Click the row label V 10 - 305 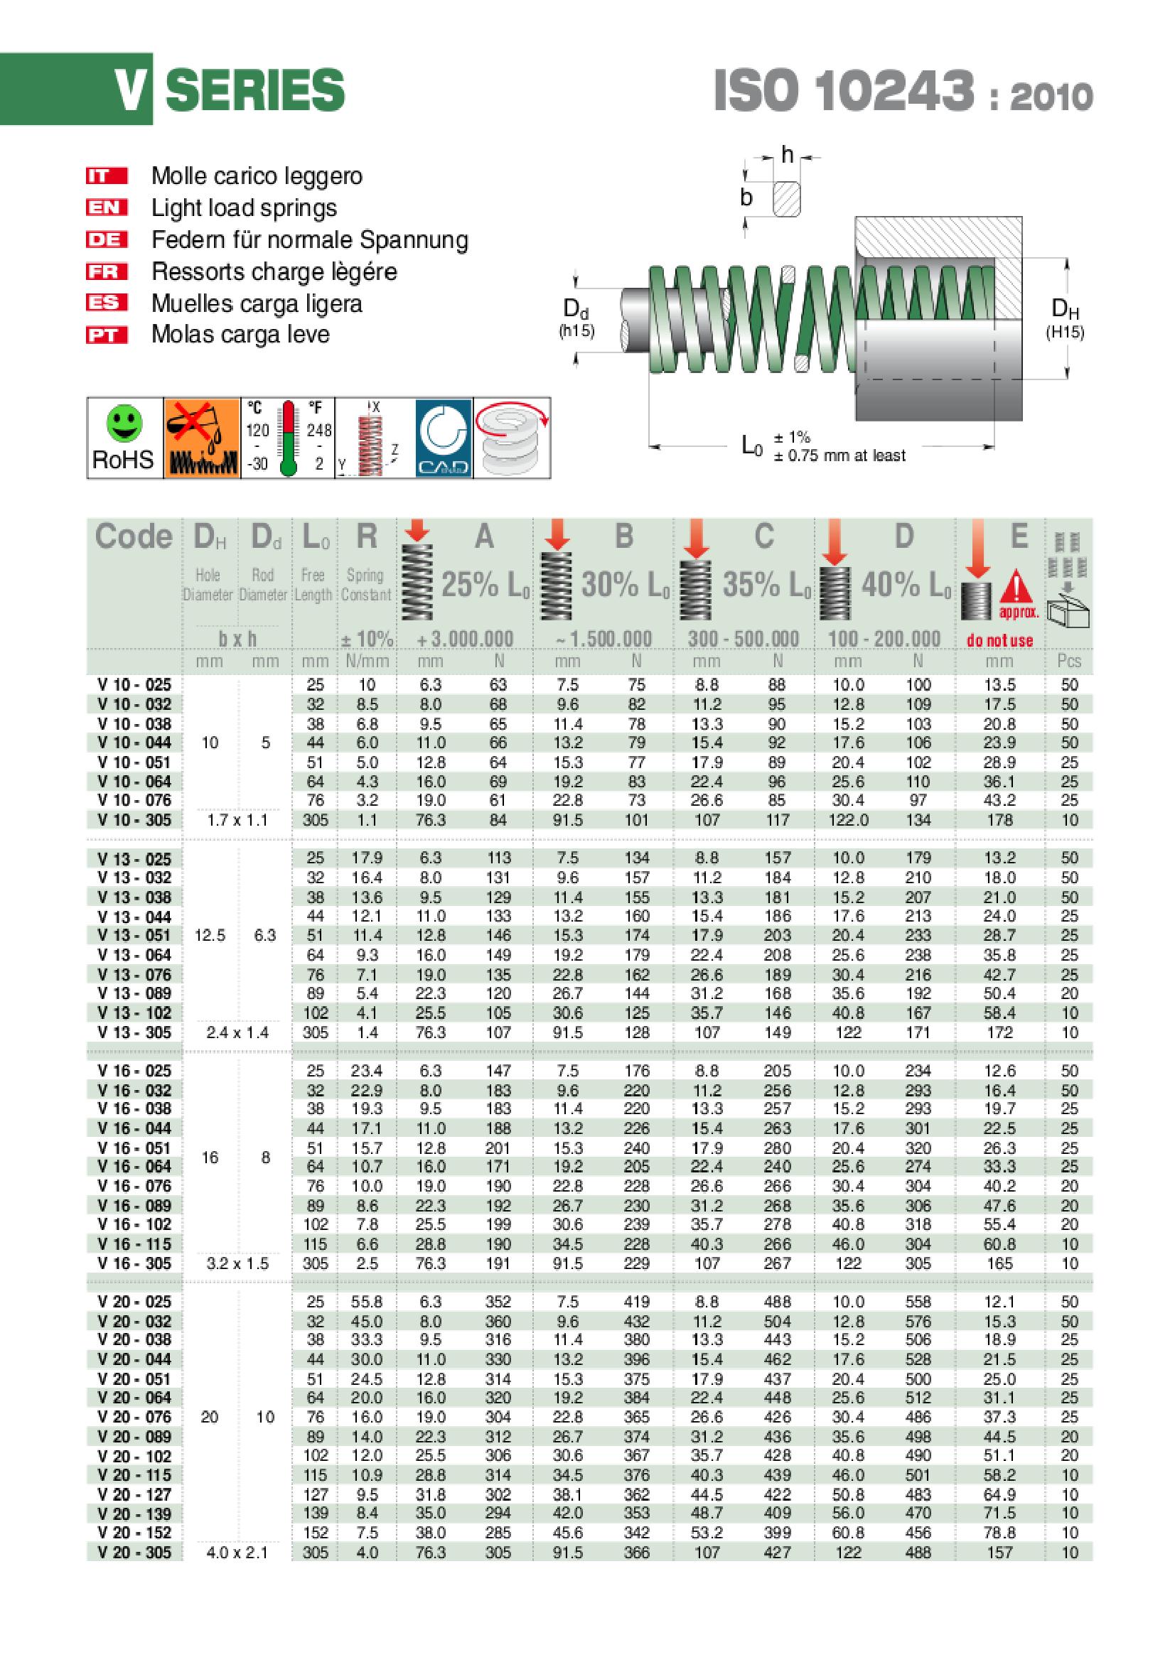134,820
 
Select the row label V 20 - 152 134,1533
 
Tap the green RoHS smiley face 123,424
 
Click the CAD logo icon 444,438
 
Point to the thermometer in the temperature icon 289,438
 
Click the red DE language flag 107,239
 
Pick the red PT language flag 107,335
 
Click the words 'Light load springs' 244,208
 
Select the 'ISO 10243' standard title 844,92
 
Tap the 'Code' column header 134,537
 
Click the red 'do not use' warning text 1000,641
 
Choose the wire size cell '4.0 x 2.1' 237,1552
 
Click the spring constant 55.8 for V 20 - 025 367,1302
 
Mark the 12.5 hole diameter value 210,935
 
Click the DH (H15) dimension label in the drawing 1065,318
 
